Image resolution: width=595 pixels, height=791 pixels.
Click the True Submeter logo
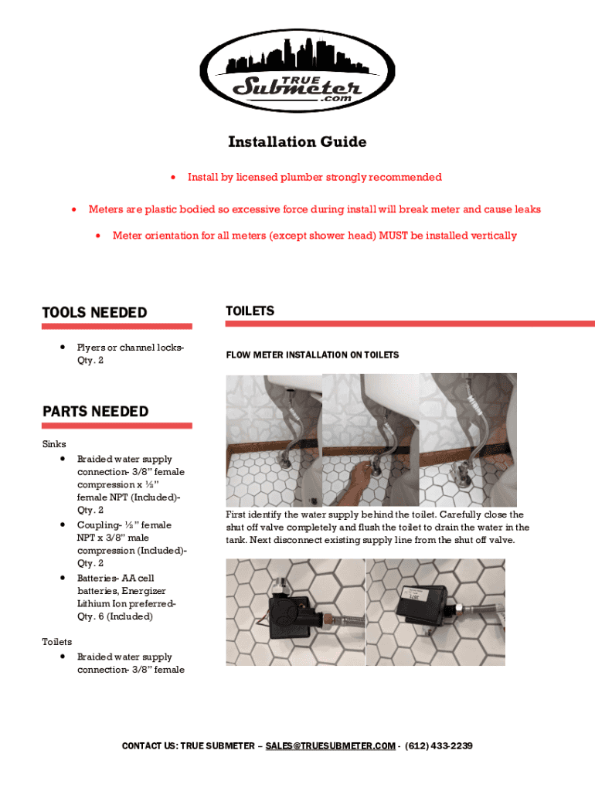[297, 70]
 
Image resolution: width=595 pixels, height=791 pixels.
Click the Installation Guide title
[297, 142]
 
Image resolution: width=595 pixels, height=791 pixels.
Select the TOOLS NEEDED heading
[94, 313]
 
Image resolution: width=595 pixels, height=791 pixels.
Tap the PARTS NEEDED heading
[95, 411]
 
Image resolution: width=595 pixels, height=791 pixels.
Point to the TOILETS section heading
[250, 311]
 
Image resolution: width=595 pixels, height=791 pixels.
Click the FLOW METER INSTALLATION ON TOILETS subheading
[312, 355]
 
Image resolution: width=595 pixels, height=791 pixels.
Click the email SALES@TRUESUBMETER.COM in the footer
[330, 746]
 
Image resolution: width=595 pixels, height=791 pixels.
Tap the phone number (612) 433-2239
[439, 746]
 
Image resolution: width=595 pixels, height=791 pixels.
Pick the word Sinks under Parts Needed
[54, 444]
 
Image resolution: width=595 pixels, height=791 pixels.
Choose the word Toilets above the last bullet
[56, 642]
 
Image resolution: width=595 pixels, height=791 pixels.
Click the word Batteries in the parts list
[96, 578]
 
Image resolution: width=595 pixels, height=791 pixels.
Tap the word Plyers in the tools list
[91, 348]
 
